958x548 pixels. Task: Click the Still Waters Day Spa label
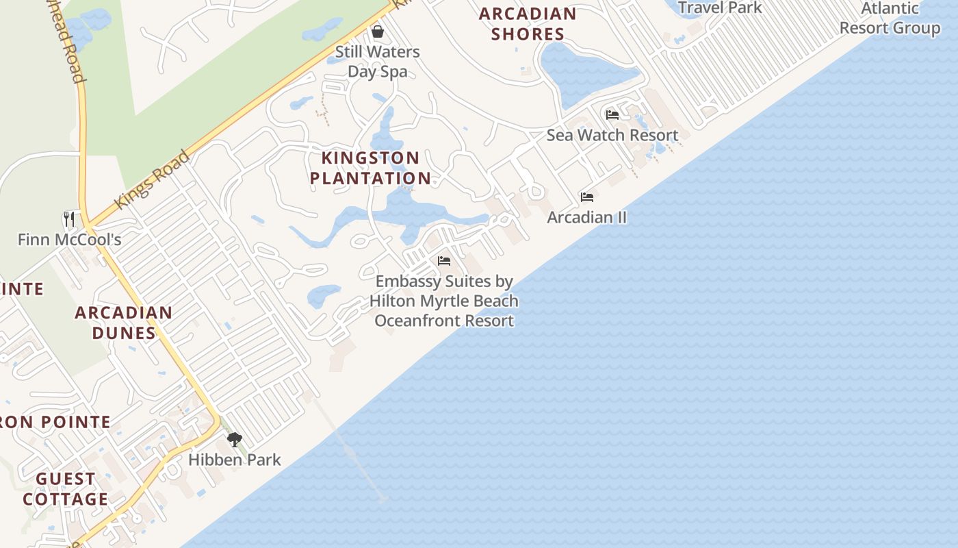(x=377, y=62)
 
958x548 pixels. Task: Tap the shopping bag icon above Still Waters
(x=377, y=32)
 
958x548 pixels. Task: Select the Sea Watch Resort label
(x=612, y=135)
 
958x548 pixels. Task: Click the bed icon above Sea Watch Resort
(x=612, y=114)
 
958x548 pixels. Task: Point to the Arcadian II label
(x=586, y=217)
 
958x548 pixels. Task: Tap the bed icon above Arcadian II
(x=586, y=197)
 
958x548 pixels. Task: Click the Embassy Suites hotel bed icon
(x=444, y=261)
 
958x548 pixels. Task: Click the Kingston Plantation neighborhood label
(x=370, y=168)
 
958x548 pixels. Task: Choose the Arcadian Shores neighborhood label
(x=528, y=23)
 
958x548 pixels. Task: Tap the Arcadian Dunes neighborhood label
(x=123, y=323)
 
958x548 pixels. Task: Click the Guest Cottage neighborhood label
(x=66, y=488)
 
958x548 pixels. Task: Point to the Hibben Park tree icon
(x=235, y=439)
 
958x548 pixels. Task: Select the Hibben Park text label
(x=235, y=459)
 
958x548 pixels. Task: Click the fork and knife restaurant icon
(x=69, y=219)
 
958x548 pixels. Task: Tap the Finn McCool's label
(x=69, y=239)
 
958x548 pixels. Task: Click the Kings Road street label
(x=151, y=180)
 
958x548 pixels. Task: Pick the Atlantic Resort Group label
(x=890, y=18)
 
